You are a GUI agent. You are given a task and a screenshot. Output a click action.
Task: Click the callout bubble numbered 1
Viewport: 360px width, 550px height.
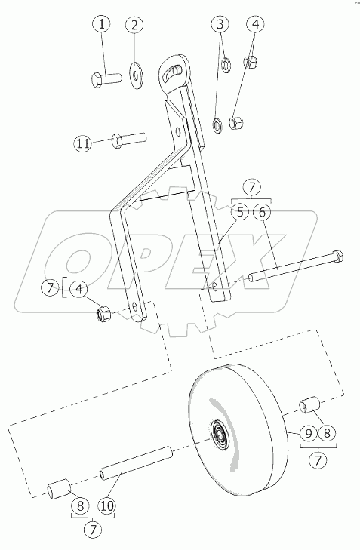102,25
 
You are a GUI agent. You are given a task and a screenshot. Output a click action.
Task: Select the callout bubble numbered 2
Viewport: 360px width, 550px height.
135,25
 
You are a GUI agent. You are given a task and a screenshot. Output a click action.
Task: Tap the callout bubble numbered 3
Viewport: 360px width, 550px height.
220,25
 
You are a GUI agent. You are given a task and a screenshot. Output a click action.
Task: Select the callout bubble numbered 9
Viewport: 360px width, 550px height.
309,434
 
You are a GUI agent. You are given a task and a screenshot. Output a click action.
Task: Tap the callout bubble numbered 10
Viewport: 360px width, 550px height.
107,505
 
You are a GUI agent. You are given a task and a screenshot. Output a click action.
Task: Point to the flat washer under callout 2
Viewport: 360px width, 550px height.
135,75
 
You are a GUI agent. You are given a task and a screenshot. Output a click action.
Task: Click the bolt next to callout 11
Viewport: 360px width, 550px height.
128,140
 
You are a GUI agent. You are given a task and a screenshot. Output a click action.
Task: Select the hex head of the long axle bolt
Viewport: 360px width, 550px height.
337,256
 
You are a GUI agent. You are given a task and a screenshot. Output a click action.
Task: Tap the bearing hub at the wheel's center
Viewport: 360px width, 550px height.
220,435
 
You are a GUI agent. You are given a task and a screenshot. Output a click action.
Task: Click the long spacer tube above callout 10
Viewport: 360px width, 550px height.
136,463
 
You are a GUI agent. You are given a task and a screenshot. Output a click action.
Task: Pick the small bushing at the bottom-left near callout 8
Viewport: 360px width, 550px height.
59,488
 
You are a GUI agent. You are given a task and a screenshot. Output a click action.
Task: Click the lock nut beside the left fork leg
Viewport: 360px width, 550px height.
104,312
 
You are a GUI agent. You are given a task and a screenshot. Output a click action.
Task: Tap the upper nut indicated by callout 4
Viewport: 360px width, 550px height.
251,62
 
